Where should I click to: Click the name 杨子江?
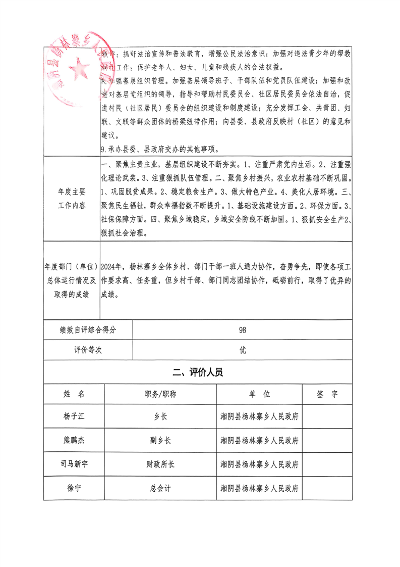[x=74, y=416]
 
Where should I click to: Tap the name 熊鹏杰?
[x=74, y=440]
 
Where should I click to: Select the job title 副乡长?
[x=160, y=440]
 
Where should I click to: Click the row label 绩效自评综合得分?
[x=88, y=330]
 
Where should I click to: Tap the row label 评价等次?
[x=88, y=350]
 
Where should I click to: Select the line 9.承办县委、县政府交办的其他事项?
[x=159, y=149]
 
